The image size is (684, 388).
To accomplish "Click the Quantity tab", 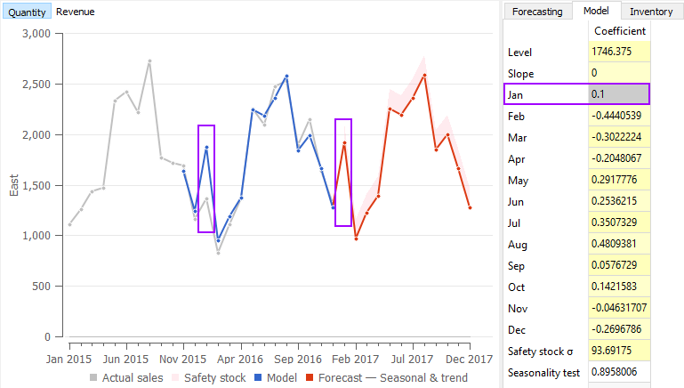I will [x=27, y=12].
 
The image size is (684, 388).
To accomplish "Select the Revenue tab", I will [x=75, y=12].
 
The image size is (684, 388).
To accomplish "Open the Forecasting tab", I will [x=539, y=12].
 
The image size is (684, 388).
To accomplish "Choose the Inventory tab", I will [x=650, y=12].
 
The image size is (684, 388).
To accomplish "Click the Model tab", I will [x=595, y=11].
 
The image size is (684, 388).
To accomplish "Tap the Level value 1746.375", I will [x=619, y=53].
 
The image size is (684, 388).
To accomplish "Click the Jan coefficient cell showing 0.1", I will [x=619, y=94].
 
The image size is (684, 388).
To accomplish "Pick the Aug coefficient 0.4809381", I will [x=619, y=244].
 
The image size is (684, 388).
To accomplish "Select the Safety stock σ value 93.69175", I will [x=619, y=351].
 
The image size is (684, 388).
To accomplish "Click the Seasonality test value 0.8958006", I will [x=619, y=372].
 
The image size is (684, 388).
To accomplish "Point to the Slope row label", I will [x=520, y=73].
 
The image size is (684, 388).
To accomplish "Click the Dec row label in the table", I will [x=518, y=329].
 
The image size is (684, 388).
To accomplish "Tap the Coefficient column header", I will [x=619, y=32].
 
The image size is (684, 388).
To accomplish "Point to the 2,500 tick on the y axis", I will [x=38, y=85].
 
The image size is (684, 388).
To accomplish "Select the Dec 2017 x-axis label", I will [x=469, y=360].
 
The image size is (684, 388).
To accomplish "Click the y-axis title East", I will [x=13, y=185].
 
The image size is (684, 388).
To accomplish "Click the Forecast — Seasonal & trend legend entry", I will [x=385, y=378].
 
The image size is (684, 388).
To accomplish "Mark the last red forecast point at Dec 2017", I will [x=470, y=208].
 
